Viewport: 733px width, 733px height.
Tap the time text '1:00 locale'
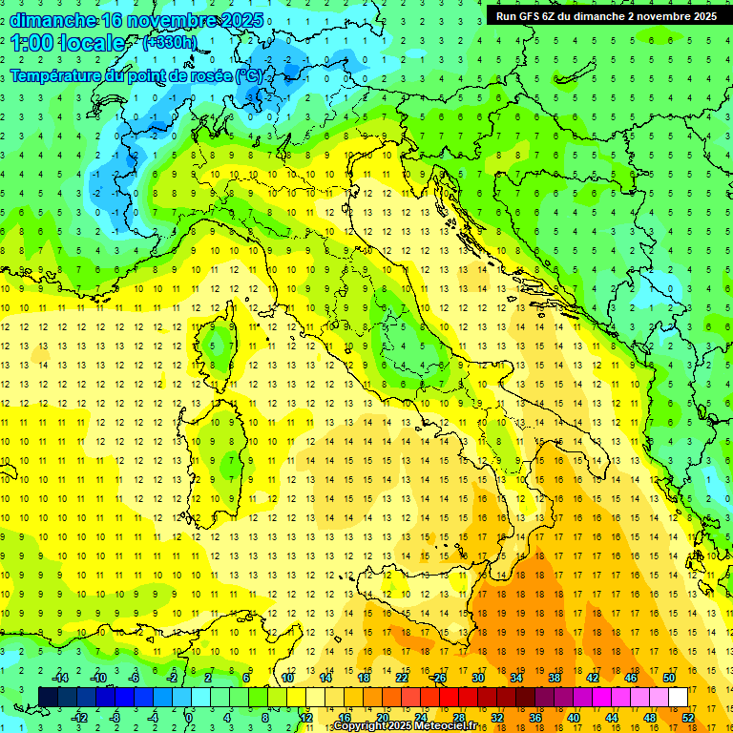pyautogui.click(x=68, y=43)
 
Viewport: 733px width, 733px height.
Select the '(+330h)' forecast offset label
pyautogui.click(x=170, y=43)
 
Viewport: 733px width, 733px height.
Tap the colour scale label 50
pyautogui.click(x=668, y=678)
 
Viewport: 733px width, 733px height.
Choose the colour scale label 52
pyautogui.click(x=688, y=717)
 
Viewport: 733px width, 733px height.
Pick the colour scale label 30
pyautogui.click(x=478, y=678)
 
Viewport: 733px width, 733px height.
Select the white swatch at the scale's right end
pyautogui.click(x=679, y=697)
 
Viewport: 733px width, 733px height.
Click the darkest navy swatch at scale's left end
pyautogui.click(x=48, y=697)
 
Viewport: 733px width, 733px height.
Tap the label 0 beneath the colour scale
pyautogui.click(x=189, y=717)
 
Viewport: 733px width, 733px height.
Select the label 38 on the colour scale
pyautogui.click(x=554, y=678)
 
